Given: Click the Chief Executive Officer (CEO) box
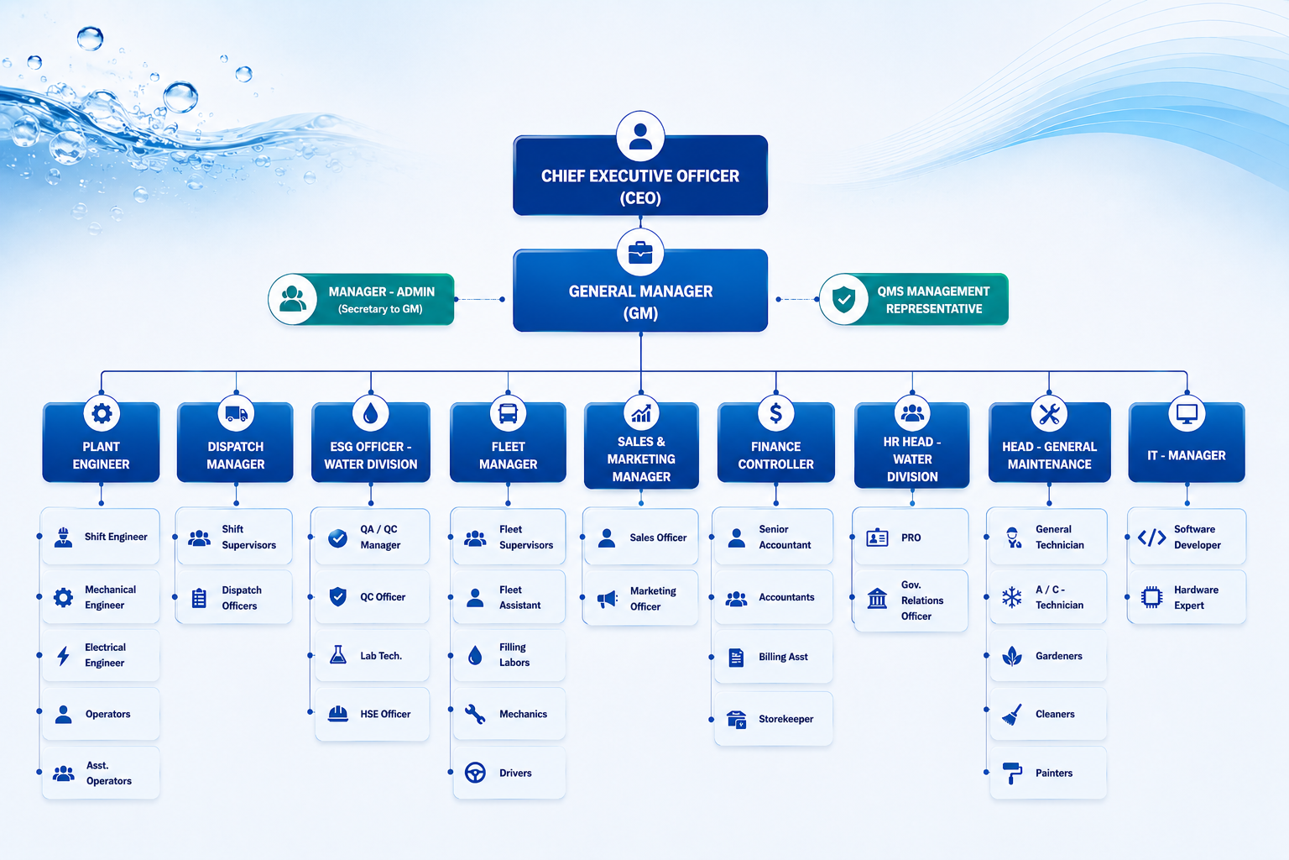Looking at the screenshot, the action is click(x=640, y=176).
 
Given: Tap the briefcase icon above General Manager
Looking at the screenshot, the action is click(x=640, y=253).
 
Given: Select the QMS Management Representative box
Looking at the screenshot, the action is click(x=914, y=299).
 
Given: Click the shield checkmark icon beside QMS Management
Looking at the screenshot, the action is click(x=843, y=299).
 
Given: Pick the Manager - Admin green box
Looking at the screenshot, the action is click(x=362, y=299).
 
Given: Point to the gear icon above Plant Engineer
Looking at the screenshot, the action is click(x=102, y=413).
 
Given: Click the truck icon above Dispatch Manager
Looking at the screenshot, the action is click(x=236, y=413).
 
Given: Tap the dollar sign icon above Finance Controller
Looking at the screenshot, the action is click(x=775, y=413).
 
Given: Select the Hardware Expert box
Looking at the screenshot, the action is click(x=1187, y=597).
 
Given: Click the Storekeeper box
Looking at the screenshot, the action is click(x=773, y=718).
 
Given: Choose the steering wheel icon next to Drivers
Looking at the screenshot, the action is click(x=475, y=773).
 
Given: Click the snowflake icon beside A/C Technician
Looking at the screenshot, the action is click(x=1011, y=597).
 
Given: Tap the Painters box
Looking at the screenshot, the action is click(x=1047, y=773).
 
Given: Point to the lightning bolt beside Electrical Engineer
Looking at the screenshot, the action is click(x=63, y=655).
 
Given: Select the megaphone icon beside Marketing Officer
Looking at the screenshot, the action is click(x=607, y=599).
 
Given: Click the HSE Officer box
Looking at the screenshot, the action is click(x=372, y=714).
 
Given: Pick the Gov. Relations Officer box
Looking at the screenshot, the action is click(x=911, y=600).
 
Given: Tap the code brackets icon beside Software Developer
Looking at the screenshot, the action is click(x=1151, y=537).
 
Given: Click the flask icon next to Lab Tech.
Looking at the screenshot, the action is click(x=338, y=655).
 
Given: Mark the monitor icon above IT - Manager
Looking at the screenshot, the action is click(x=1187, y=413).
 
